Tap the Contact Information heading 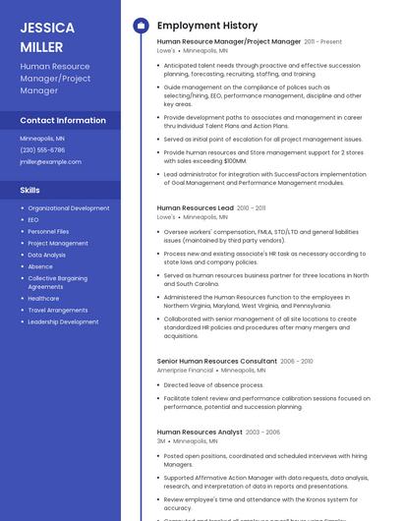pos(63,120)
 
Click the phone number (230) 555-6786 pos(42,149)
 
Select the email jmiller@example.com pos(51,161)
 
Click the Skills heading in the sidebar pos(30,190)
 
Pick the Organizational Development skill pos(69,208)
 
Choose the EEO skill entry pos(33,220)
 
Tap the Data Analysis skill pos(47,255)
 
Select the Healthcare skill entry pos(43,299)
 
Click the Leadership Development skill pos(63,321)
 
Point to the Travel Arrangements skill pos(58,311)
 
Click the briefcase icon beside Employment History pos(141,26)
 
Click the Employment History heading pos(207,26)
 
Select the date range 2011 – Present pos(323,42)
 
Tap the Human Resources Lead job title pos(196,208)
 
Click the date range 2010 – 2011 pos(252,208)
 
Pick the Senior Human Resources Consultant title pos(217,362)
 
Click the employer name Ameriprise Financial pos(186,371)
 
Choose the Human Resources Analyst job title pos(200,433)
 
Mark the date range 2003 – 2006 pos(262,433)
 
